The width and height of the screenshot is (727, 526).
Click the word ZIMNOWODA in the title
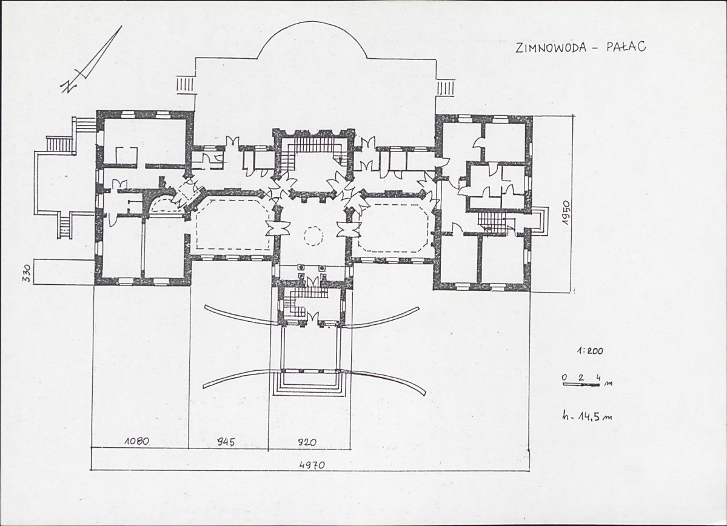click(x=551, y=48)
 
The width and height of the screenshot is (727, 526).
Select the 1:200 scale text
click(x=590, y=351)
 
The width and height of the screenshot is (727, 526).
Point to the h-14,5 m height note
click(x=586, y=416)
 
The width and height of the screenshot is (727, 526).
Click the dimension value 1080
click(x=136, y=441)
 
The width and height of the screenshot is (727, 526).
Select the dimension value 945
click(x=226, y=442)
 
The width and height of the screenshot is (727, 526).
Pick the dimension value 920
click(x=306, y=442)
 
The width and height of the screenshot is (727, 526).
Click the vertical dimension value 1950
click(x=567, y=213)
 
